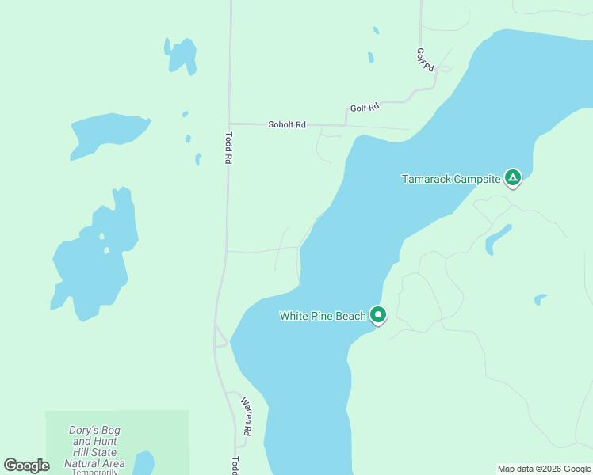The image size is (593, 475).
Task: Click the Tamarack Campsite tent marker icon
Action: click(x=513, y=178)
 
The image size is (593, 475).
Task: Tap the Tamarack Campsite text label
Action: click(x=451, y=179)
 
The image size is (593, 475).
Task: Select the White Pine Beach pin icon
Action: click(x=378, y=316)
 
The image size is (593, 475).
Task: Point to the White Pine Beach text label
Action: click(x=323, y=316)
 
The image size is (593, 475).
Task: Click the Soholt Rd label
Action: click(x=287, y=125)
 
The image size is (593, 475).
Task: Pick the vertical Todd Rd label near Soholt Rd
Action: click(x=228, y=147)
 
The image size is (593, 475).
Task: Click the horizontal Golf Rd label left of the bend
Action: click(x=365, y=106)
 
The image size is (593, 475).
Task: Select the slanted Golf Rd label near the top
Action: click(x=426, y=59)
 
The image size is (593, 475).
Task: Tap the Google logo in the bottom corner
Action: click(x=26, y=465)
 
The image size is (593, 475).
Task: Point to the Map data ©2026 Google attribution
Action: click(x=544, y=469)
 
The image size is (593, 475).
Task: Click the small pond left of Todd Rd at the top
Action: click(x=182, y=55)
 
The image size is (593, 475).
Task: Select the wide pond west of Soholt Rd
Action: click(x=105, y=132)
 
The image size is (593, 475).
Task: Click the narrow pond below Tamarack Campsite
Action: click(x=498, y=238)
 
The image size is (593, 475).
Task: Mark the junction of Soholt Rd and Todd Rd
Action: click(x=229, y=123)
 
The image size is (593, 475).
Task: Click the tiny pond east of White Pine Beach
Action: click(x=540, y=299)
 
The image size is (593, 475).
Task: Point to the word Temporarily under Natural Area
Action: click(x=94, y=472)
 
